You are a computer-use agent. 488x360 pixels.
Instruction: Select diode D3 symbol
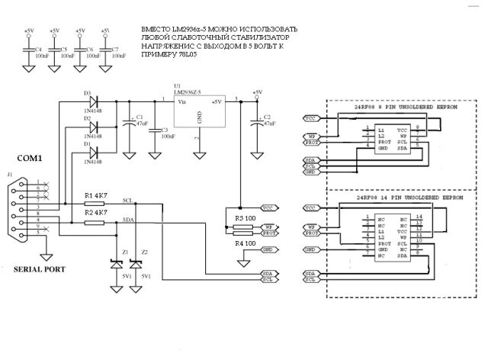(x=95, y=100)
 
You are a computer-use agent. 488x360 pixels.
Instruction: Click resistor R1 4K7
(x=95, y=204)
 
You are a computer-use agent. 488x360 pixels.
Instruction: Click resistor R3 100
(x=243, y=227)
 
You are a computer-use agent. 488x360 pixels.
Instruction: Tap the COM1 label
(x=29, y=158)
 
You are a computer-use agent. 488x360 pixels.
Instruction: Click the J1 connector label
(x=10, y=175)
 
